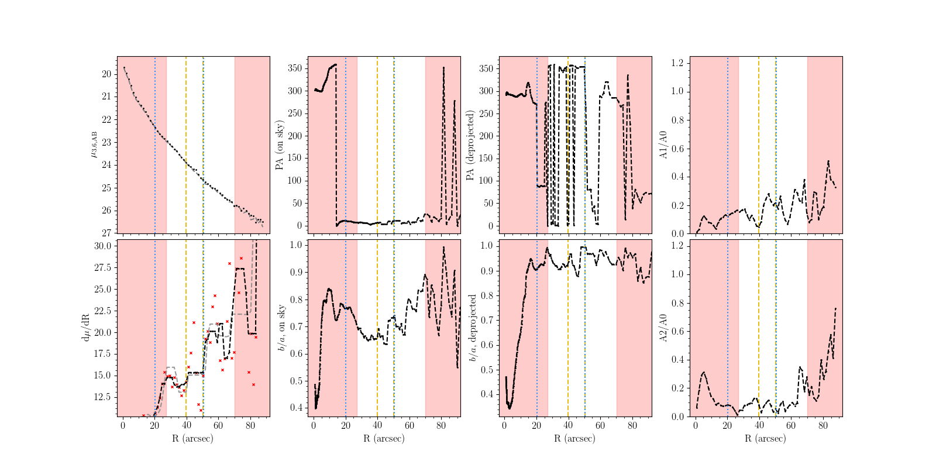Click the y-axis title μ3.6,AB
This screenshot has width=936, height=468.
(x=94, y=144)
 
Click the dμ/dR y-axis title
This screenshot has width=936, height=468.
(x=86, y=328)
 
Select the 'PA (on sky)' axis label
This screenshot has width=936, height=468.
(x=280, y=145)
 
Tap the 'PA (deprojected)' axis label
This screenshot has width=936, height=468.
(x=470, y=145)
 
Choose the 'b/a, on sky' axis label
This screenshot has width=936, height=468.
(x=281, y=328)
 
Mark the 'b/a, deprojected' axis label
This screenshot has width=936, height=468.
(x=472, y=328)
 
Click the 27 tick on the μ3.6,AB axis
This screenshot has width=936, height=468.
(x=106, y=233)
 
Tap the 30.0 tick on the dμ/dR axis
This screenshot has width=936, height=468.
(x=103, y=246)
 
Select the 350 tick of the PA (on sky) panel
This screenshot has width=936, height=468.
(x=295, y=68)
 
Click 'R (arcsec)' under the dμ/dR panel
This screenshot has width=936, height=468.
(x=192, y=438)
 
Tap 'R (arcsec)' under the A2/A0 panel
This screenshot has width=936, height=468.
(x=765, y=438)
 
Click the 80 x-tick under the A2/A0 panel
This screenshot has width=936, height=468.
(x=823, y=426)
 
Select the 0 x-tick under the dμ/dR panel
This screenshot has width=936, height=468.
(x=123, y=426)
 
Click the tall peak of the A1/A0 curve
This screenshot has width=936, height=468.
(x=828, y=161)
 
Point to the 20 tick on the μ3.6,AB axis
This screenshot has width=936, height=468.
(x=106, y=74)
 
